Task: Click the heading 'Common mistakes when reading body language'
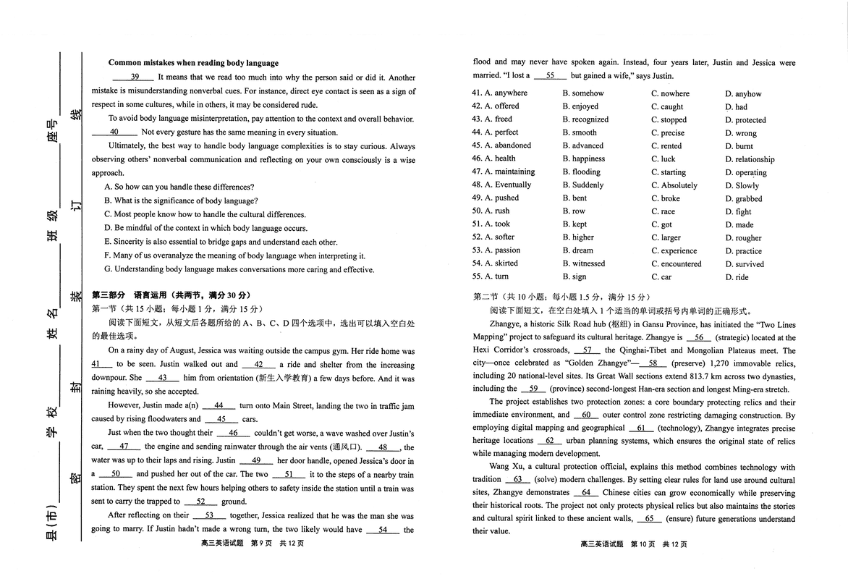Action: pos(193,63)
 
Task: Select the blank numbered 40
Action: pos(114,132)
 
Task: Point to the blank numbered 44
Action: pos(219,406)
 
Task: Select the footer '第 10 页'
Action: pos(643,544)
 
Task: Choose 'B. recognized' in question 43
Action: pos(585,119)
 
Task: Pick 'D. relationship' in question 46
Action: pos(750,159)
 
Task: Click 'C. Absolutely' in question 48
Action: pos(674,185)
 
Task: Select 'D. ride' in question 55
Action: pos(737,277)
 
